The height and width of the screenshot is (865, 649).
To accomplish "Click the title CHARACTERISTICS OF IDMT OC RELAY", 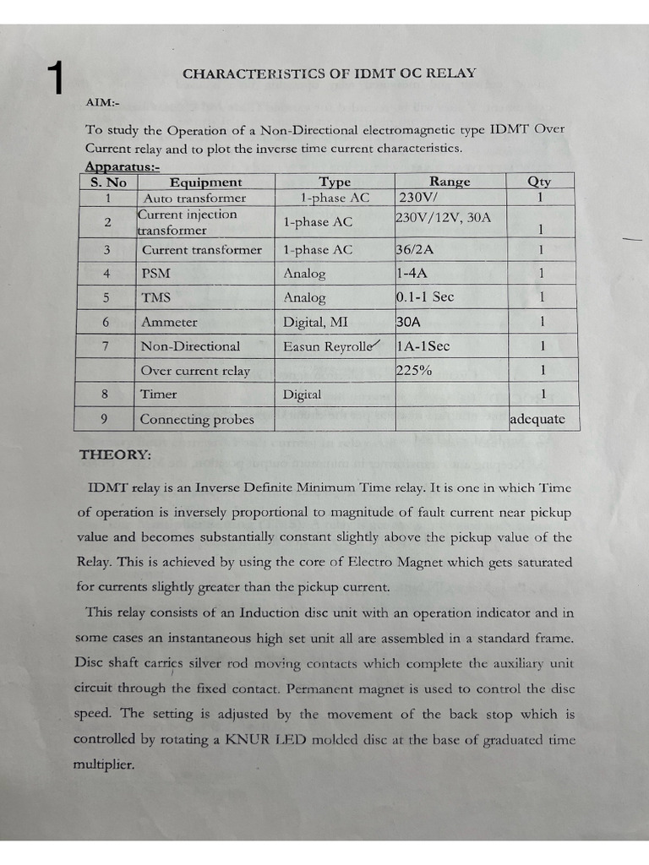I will coord(329,73).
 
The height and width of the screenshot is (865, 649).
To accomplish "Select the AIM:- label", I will coord(103,102).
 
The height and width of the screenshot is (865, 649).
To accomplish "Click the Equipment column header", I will coord(205,182).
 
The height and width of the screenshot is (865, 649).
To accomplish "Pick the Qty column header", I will coord(539,181).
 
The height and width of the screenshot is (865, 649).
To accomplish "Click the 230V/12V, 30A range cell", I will coord(443,217).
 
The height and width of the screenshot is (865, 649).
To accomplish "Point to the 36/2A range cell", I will coord(419,249).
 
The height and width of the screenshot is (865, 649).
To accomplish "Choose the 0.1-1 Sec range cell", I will coord(436,297).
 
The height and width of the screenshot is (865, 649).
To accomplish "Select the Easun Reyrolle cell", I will coord(331,345).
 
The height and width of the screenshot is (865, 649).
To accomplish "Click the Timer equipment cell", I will coord(159,394).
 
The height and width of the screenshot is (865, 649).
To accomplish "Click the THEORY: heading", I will coord(116,454).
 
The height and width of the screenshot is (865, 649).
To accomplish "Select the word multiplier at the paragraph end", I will coord(104,764).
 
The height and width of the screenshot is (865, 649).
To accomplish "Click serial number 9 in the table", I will coord(107,418).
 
